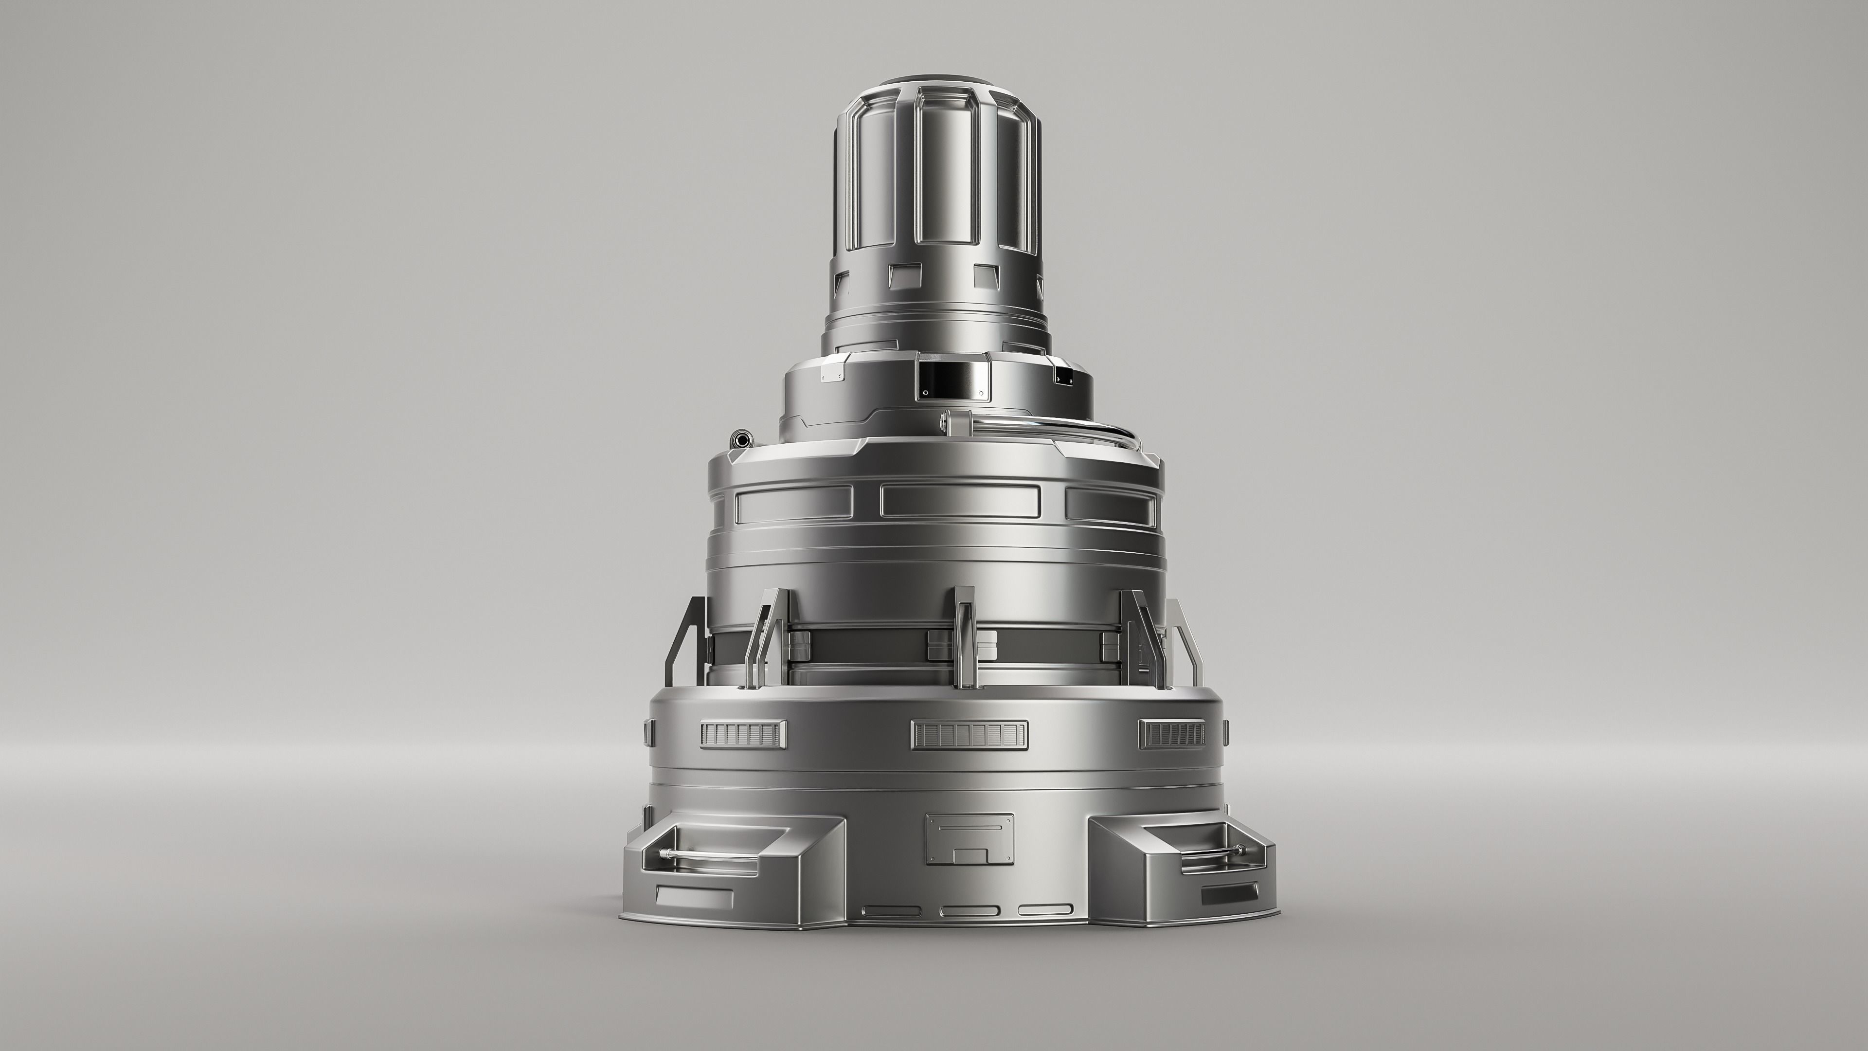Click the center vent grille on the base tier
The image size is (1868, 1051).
969,734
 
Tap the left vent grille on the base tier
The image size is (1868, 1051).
742,734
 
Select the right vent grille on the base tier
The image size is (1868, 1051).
1172,734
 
